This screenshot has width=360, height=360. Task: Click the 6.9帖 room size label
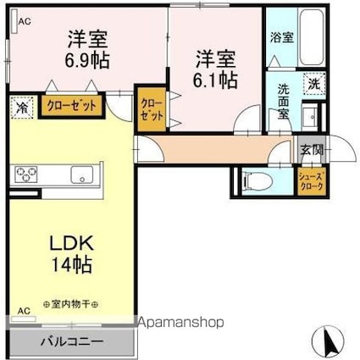87,60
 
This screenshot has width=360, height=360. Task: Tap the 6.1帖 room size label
214,80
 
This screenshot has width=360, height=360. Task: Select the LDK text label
71,243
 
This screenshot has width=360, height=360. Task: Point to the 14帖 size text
71,264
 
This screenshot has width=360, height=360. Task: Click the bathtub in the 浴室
311,37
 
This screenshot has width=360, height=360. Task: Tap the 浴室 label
281,37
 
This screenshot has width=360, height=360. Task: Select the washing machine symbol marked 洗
314,84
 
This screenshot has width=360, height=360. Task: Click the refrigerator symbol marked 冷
22,108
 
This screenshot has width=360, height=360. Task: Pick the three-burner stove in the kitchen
26,174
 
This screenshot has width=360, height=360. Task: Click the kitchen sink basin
82,174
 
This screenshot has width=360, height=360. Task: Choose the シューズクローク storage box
311,182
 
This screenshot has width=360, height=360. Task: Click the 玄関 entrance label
311,150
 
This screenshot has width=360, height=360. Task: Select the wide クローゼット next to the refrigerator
72,106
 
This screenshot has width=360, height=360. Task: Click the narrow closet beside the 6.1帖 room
152,109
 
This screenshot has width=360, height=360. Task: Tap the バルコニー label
72,342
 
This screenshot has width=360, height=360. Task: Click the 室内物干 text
70,304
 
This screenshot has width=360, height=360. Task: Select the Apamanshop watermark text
180,322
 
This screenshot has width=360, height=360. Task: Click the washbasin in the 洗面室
310,116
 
